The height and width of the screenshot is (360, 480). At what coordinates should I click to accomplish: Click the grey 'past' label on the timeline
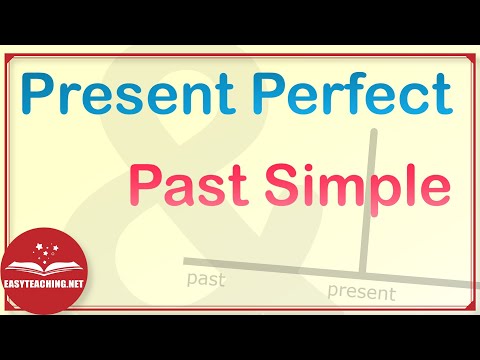206,280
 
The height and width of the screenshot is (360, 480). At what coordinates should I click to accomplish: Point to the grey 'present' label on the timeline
362,293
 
